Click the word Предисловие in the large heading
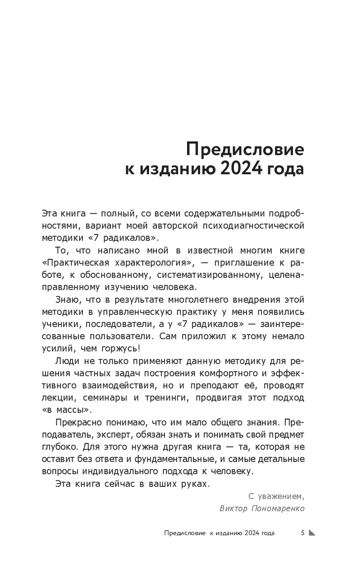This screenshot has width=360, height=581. (x=245, y=150)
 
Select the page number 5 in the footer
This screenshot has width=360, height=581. (x=303, y=533)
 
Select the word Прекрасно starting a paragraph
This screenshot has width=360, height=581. (x=76, y=422)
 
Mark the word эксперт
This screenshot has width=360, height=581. (x=109, y=434)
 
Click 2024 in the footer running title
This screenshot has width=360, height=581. (x=246, y=533)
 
